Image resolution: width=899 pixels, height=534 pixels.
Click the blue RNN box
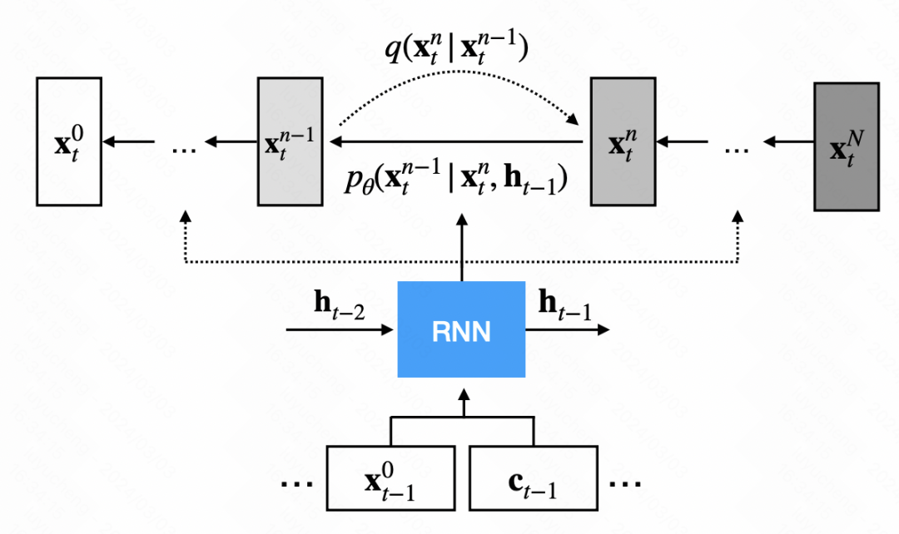(x=461, y=330)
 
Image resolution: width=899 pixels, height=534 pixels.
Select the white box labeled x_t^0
(x=69, y=142)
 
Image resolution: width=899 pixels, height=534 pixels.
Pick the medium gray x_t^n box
(x=622, y=142)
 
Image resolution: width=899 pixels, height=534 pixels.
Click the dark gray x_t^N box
(x=846, y=147)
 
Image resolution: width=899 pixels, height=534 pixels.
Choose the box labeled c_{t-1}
(x=533, y=478)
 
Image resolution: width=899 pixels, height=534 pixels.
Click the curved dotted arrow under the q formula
(x=458, y=87)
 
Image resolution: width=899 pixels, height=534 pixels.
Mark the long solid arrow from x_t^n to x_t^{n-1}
(x=458, y=142)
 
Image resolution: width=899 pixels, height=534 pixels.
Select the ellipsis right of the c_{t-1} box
(x=625, y=482)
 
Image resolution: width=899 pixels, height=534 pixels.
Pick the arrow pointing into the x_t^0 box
(x=129, y=142)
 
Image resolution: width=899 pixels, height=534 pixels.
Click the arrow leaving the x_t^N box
(x=787, y=142)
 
